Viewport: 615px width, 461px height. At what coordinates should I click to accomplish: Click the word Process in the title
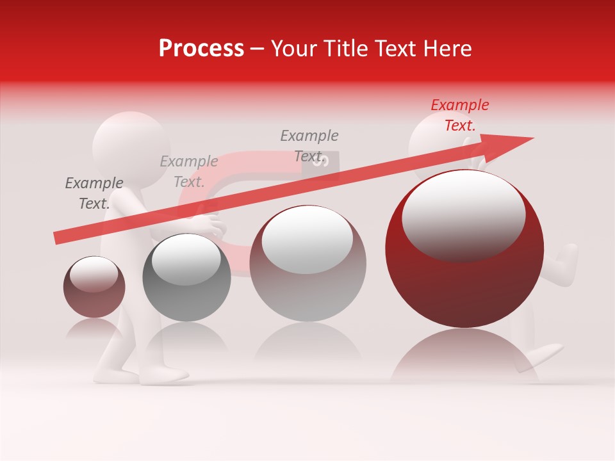click(x=201, y=49)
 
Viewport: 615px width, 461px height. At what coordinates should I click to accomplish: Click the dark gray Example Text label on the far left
click(x=94, y=193)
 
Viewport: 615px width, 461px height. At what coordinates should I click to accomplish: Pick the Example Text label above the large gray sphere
click(x=309, y=145)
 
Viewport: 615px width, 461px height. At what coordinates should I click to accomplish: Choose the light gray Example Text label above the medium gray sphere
click(x=189, y=172)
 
